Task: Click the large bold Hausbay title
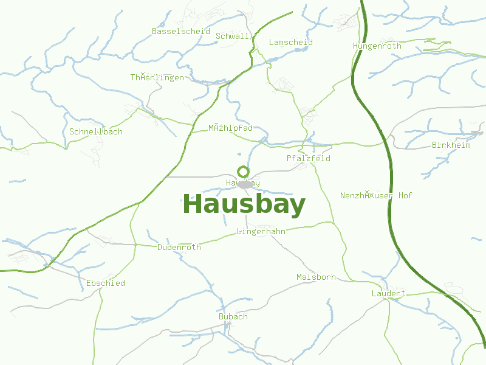(244, 205)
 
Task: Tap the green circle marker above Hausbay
(243, 172)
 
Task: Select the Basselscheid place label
(181, 31)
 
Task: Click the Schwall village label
(233, 36)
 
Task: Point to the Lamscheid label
(291, 42)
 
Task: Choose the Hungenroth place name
(377, 46)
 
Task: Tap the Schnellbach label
(96, 131)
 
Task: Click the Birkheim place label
(451, 145)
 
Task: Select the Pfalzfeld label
(309, 158)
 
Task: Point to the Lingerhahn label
(261, 231)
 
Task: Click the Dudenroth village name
(179, 247)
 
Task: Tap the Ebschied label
(106, 283)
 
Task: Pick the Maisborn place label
(316, 277)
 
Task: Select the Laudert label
(389, 293)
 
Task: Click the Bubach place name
(233, 316)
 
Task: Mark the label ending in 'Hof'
(377, 195)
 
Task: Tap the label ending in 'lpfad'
(230, 128)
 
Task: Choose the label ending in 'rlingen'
(157, 77)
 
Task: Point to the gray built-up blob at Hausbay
(245, 184)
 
